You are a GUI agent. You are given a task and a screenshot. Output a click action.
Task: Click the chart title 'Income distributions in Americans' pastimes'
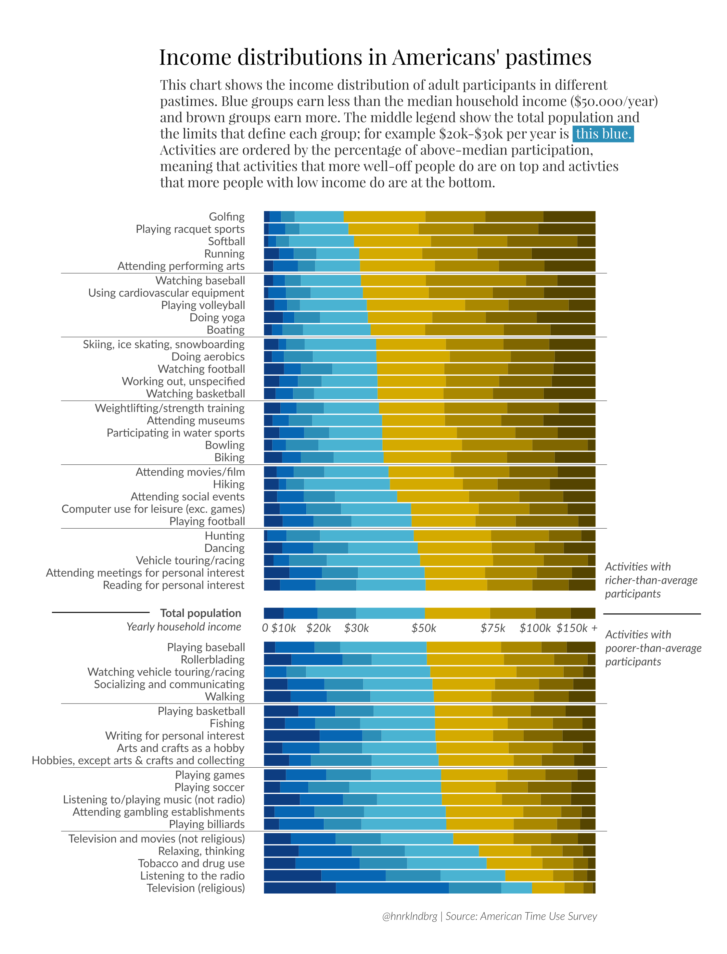[x=375, y=57]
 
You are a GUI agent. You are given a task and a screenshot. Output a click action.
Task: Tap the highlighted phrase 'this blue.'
[x=603, y=134]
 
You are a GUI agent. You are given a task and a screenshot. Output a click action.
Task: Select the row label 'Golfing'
[x=226, y=217]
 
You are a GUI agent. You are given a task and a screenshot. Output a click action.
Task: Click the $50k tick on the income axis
[x=424, y=628]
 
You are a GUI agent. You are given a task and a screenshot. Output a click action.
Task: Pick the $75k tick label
[x=493, y=628]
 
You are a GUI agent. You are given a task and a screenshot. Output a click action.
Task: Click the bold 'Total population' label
[x=200, y=613]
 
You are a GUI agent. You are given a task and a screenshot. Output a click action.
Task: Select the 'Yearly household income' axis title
[x=184, y=627]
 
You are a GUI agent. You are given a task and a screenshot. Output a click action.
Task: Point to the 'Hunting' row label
[x=224, y=536]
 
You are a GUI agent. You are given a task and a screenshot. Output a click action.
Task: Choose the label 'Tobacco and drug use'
[x=191, y=864]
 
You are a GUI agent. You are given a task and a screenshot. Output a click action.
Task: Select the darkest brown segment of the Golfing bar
[x=569, y=217]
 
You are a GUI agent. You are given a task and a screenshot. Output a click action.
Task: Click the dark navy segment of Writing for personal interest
[x=291, y=736]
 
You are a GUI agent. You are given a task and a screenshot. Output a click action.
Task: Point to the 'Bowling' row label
[x=224, y=445]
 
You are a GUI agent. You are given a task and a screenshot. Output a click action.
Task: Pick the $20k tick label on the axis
[x=318, y=628]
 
